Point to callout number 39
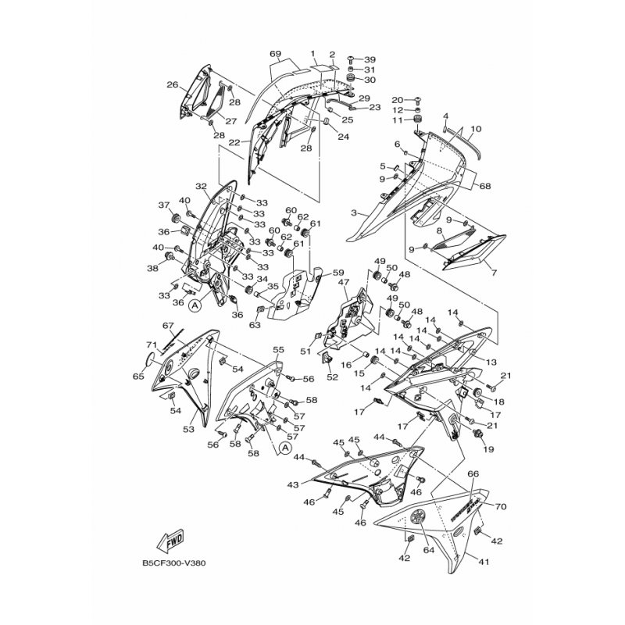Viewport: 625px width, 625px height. [x=370, y=59]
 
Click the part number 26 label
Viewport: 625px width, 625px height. [x=173, y=85]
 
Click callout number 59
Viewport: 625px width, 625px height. [x=339, y=273]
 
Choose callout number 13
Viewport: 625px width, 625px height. [x=491, y=362]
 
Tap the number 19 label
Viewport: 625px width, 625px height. [x=489, y=450]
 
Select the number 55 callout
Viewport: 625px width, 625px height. [x=277, y=350]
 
